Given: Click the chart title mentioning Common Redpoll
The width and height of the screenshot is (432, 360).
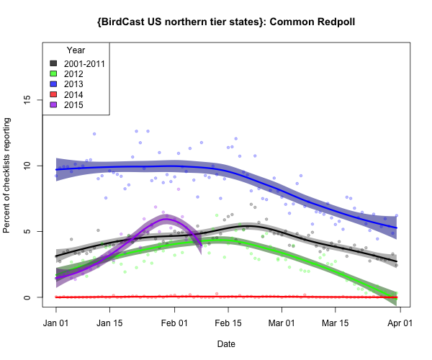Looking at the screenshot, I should (x=225, y=22).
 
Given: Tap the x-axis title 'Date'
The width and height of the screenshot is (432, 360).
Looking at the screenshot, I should (x=226, y=344).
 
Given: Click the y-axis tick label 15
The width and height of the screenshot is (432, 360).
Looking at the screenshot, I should (x=27, y=99).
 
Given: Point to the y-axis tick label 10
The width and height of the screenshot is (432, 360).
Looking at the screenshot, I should (x=27, y=166).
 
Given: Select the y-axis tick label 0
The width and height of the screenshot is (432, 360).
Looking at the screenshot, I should (x=27, y=297).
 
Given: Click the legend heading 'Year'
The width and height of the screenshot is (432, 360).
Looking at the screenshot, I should (x=76, y=50).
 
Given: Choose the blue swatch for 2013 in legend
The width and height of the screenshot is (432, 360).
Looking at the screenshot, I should (x=53, y=84).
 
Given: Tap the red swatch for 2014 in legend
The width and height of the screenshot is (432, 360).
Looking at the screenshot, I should (x=53, y=94).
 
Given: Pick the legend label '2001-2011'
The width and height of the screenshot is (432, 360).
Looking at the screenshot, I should (x=84, y=63).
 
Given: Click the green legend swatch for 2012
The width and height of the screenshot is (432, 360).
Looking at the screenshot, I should (x=53, y=73).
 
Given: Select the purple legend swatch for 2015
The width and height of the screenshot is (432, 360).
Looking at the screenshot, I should (x=53, y=105).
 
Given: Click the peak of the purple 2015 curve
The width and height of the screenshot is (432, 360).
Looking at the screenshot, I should (x=167, y=220).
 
